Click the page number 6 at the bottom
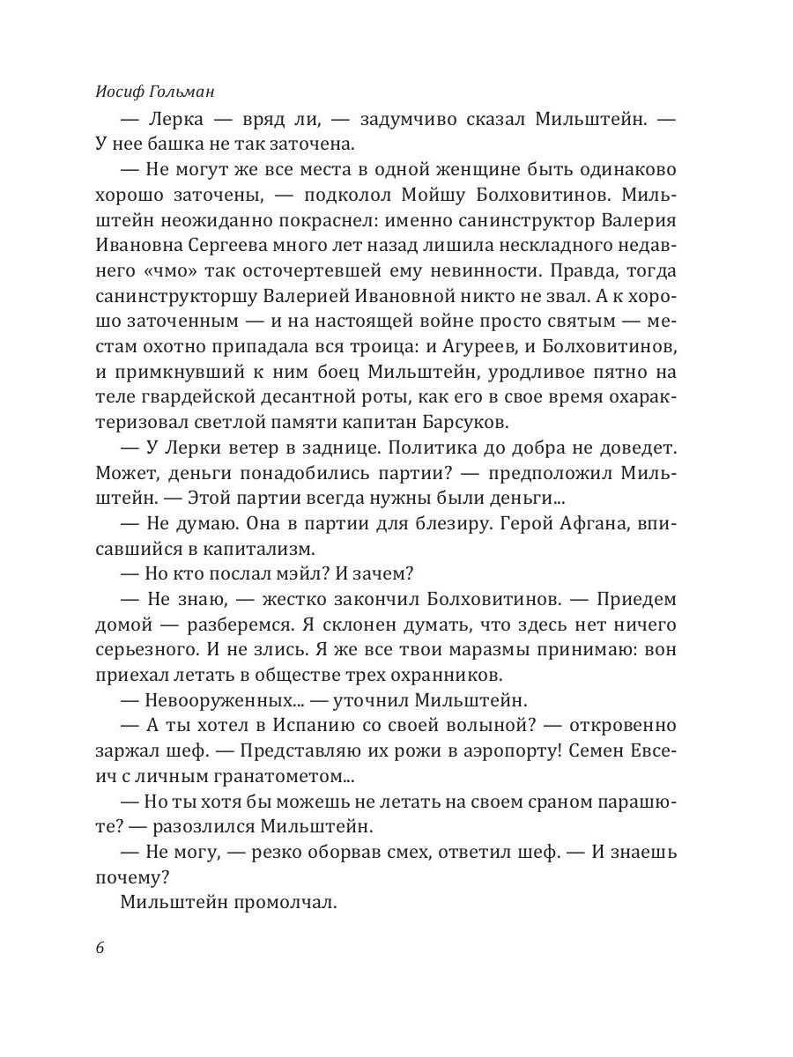tap(99, 948)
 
